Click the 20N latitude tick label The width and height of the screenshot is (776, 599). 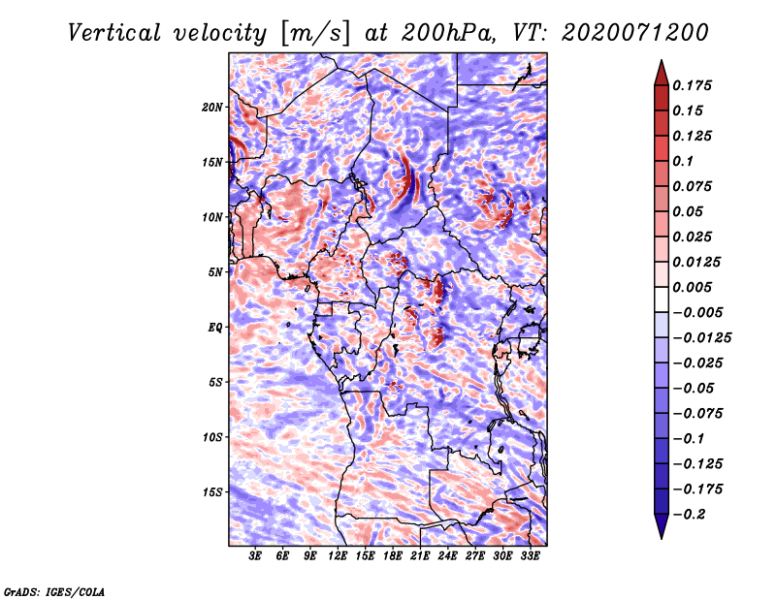click(212, 107)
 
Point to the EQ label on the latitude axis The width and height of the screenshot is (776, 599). click(215, 327)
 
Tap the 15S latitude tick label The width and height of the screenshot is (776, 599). click(212, 491)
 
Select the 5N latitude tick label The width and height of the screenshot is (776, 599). click(215, 271)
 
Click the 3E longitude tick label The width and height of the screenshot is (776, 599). click(256, 556)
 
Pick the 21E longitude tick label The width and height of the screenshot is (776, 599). click(420, 556)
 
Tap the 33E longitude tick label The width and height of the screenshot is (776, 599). click(530, 556)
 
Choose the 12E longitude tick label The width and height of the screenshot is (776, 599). click(339, 556)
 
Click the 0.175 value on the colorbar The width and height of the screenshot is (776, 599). click(694, 85)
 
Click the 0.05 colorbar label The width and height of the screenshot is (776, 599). click(689, 211)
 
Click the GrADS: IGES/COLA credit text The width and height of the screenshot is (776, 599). click(53, 590)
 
